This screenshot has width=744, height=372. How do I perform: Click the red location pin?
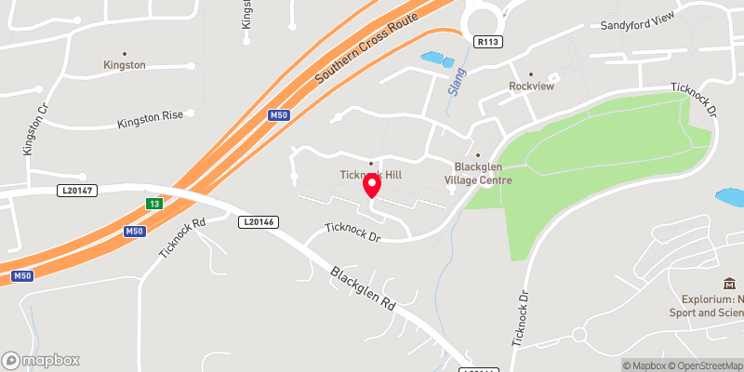coord(372,186)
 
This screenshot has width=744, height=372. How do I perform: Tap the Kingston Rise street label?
coord(150,123)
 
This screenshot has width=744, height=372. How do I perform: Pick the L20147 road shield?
coord(74,190)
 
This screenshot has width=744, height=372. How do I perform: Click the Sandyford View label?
coord(634,25)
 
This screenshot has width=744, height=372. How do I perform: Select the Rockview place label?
coord(531,86)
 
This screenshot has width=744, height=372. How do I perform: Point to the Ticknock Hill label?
coord(370,174)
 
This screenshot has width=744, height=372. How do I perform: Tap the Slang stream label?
coord(457,87)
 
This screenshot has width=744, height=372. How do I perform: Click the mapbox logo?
coord(41,360)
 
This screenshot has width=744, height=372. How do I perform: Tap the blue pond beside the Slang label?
coord(435,60)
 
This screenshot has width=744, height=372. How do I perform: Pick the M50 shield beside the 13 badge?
coord(135,232)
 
